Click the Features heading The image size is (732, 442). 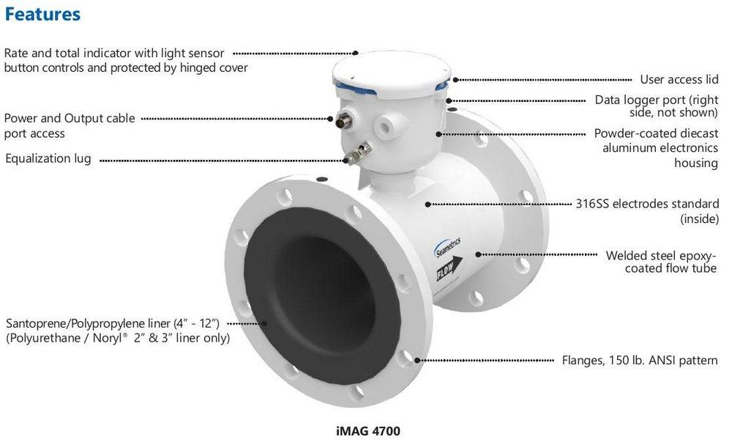(x=42, y=14)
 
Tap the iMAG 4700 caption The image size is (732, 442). (x=363, y=430)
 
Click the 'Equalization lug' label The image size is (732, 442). (x=48, y=158)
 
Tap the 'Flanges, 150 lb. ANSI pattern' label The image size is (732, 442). (x=640, y=360)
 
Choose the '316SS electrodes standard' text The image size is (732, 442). (x=647, y=204)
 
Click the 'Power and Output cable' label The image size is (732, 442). (x=70, y=119)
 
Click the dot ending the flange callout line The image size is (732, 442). (x=418, y=360)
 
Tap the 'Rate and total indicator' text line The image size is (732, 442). (x=113, y=54)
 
